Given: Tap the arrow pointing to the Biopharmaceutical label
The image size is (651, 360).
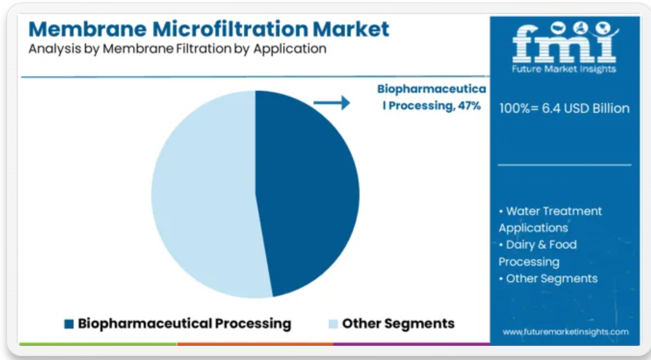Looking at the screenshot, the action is pyautogui.click(x=332, y=103).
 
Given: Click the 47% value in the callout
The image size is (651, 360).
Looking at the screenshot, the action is pyautogui.click(x=469, y=106).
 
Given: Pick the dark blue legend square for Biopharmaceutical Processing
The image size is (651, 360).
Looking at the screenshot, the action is pyautogui.click(x=69, y=324).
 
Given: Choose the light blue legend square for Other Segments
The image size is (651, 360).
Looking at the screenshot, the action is pyautogui.click(x=333, y=324).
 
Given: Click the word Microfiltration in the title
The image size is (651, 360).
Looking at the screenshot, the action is pyautogui.click(x=230, y=29).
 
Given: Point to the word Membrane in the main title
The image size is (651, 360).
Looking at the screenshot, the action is pyautogui.click(x=87, y=29).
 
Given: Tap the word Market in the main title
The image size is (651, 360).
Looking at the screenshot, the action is pyautogui.click(x=351, y=29).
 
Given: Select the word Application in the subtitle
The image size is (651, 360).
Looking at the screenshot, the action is pyautogui.click(x=290, y=49).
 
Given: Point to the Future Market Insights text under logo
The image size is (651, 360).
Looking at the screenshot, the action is pyautogui.click(x=564, y=69).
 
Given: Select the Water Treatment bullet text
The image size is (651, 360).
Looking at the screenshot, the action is pyautogui.click(x=551, y=219).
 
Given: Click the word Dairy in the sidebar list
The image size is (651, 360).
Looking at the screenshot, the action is pyautogui.click(x=521, y=244).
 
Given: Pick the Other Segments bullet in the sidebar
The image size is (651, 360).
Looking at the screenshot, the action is pyautogui.click(x=548, y=279).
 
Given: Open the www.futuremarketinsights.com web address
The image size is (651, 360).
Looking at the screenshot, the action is pyautogui.click(x=566, y=332).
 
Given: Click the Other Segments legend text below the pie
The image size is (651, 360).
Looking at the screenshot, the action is pyautogui.click(x=398, y=323).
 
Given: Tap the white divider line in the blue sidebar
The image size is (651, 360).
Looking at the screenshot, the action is pyautogui.click(x=564, y=165).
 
